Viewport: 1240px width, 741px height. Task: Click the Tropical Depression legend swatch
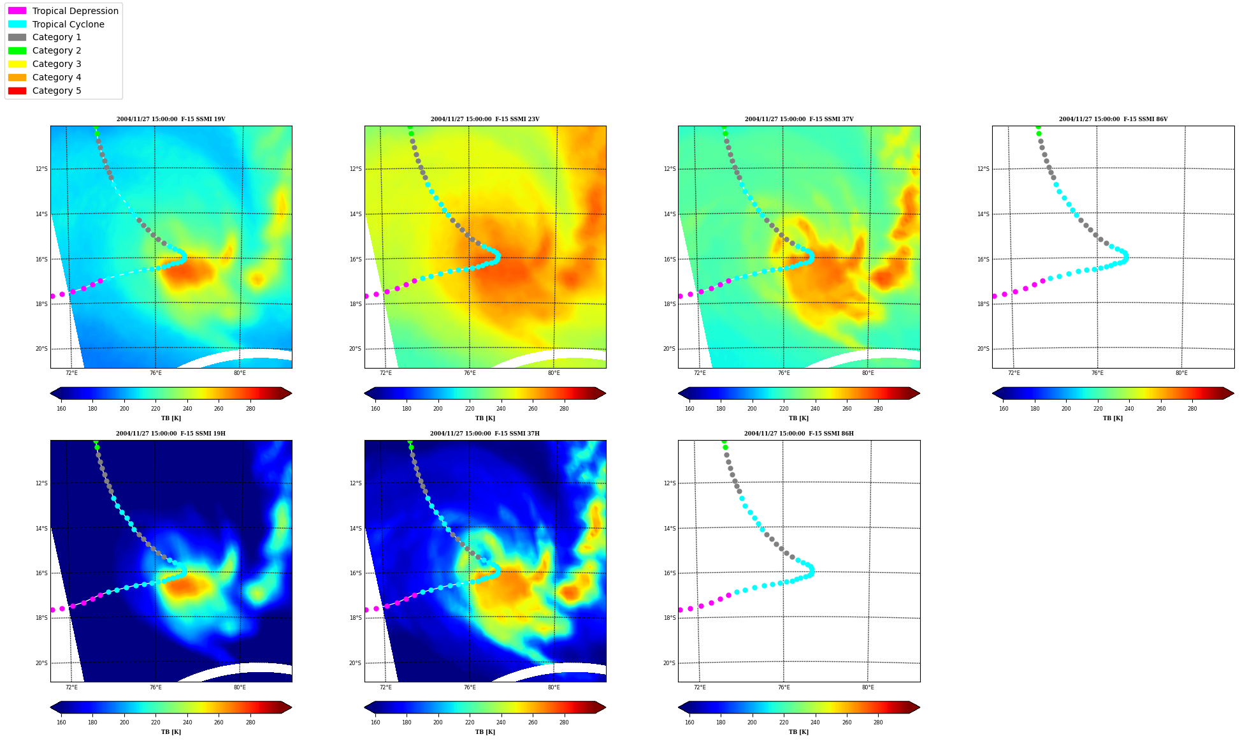tap(17, 11)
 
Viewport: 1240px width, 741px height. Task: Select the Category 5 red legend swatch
tap(17, 91)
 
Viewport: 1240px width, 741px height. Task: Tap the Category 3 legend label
tap(57, 64)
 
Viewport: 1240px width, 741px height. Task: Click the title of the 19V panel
tap(171, 119)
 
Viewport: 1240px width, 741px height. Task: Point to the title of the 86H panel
tap(799, 434)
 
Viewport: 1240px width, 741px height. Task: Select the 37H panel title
tap(485, 434)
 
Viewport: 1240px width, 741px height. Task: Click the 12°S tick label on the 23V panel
tap(356, 169)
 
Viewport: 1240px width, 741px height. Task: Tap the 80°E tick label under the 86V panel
tap(1181, 373)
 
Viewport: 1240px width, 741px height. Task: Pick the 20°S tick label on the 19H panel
tap(41, 663)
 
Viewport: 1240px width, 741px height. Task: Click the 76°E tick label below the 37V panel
tap(784, 373)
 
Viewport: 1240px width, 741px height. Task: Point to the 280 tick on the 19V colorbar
tap(250, 409)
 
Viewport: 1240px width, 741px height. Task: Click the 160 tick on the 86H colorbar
tap(689, 723)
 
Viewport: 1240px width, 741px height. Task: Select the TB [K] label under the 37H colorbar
tap(485, 732)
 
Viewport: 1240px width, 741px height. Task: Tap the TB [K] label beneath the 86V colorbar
tap(1113, 418)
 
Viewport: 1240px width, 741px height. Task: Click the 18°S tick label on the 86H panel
tap(670, 618)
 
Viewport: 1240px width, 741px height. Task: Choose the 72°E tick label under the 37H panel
tap(386, 687)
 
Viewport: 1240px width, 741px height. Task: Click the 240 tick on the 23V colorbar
tap(501, 409)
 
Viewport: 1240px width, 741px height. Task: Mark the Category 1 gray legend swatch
tap(17, 38)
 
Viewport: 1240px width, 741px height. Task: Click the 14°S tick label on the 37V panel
tap(670, 214)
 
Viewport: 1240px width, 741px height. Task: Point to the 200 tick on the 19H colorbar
tap(124, 723)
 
